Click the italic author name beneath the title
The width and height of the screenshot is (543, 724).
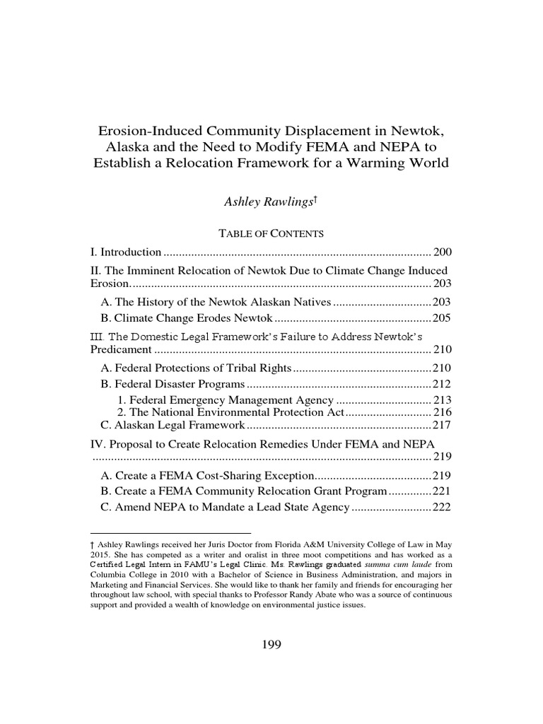[269, 202]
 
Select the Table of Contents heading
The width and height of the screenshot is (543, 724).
[271, 233]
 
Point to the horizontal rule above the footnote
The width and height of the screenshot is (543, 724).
[171, 532]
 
